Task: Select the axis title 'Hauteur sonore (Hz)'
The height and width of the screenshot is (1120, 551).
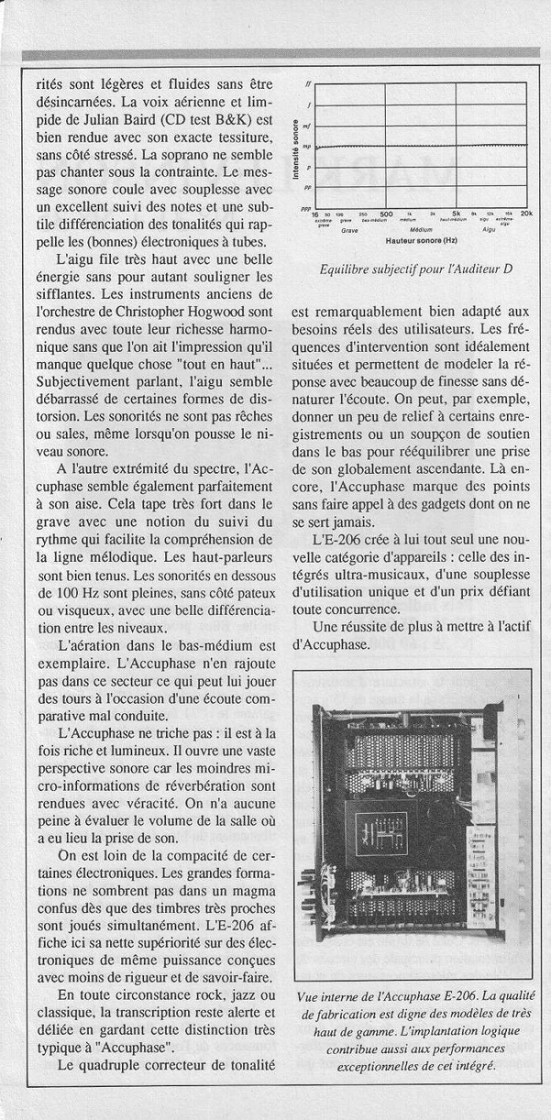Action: [421, 238]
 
